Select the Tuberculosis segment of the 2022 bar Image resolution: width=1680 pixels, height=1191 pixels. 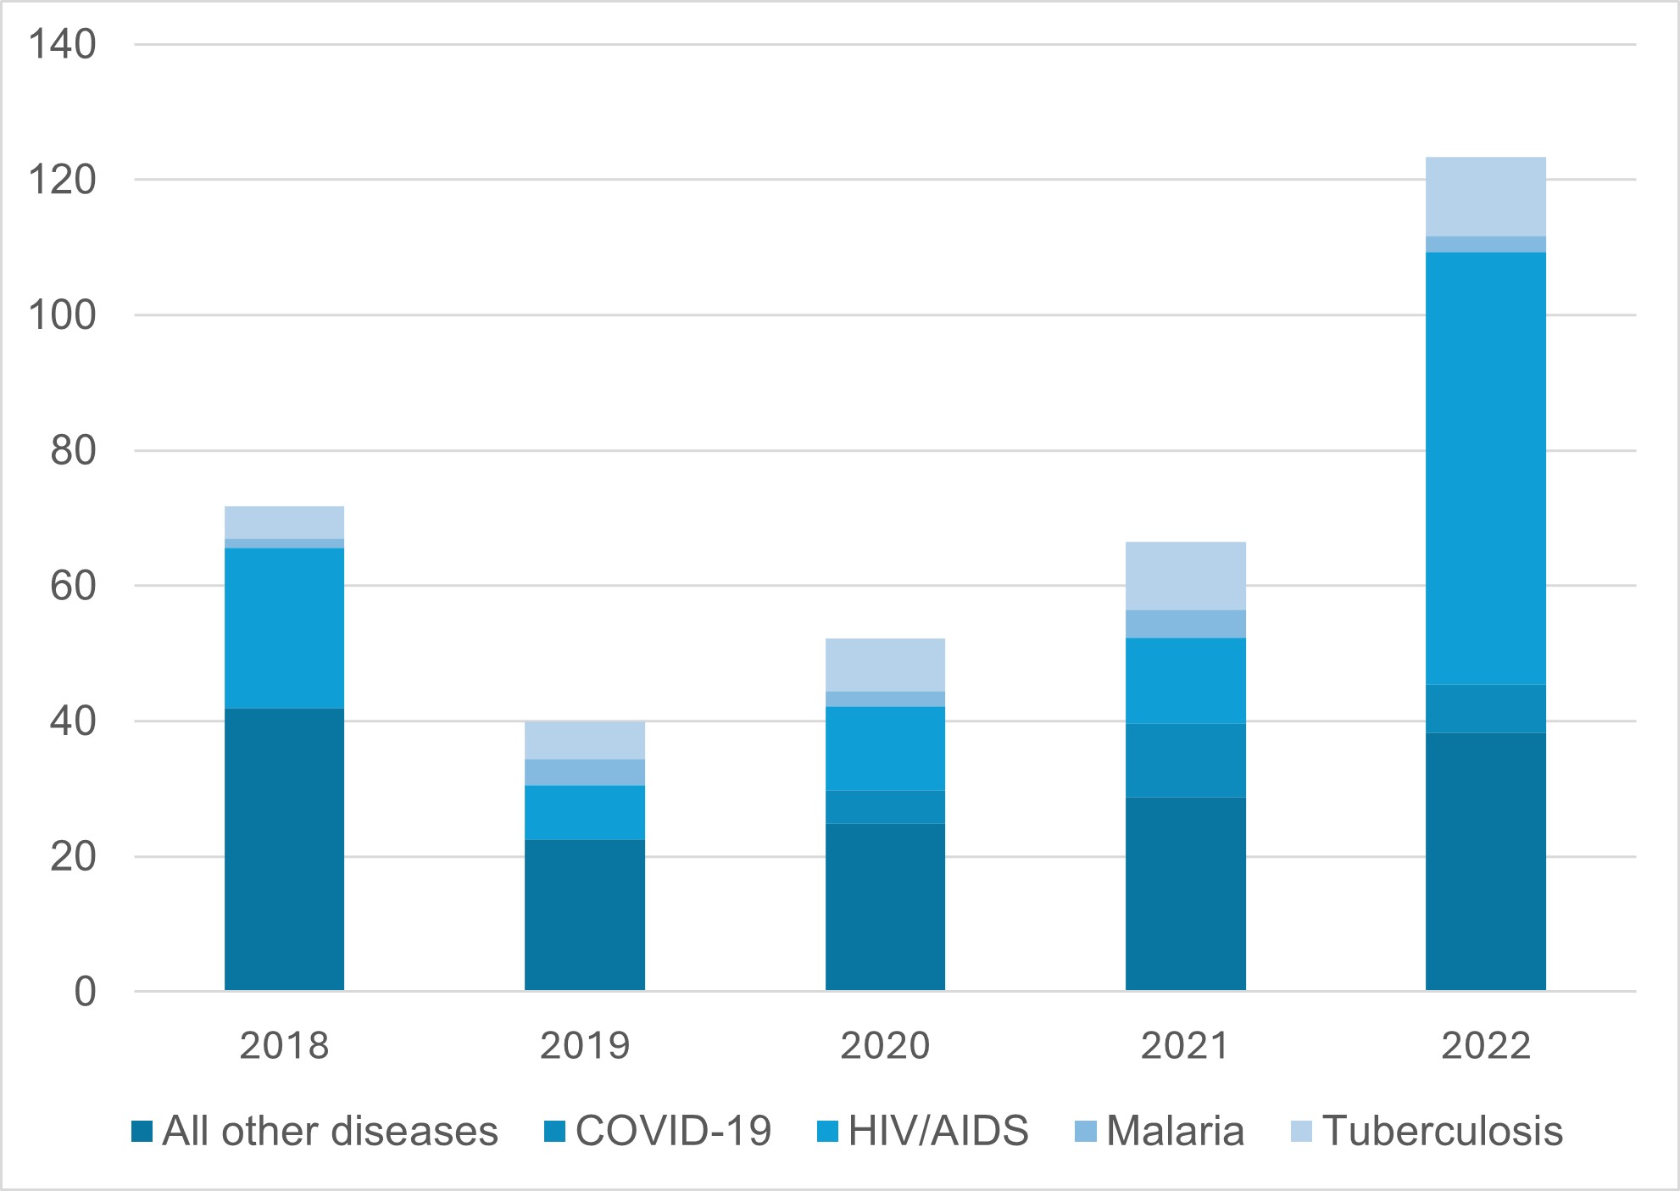point(1485,197)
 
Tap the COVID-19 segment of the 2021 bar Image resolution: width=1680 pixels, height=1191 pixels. point(1185,760)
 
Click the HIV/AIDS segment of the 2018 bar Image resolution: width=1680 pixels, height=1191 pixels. point(284,628)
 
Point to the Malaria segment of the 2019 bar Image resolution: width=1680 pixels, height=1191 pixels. point(584,772)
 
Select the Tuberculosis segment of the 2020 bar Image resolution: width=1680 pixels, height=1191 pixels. point(885,665)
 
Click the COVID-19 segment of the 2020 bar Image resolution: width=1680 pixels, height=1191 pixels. point(885,807)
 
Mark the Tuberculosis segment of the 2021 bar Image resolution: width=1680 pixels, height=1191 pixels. point(1185,576)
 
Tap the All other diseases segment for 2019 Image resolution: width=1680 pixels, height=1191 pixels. point(584,915)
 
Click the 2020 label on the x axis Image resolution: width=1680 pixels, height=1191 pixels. point(885,1046)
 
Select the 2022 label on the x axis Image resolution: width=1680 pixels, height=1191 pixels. point(1485,1046)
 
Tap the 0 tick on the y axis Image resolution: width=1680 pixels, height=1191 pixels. point(85,992)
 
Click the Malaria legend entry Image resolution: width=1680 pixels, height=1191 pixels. point(1175,1132)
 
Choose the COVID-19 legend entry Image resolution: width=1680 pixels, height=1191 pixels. point(673,1132)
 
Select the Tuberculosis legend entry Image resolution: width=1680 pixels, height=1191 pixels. point(1442,1132)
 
